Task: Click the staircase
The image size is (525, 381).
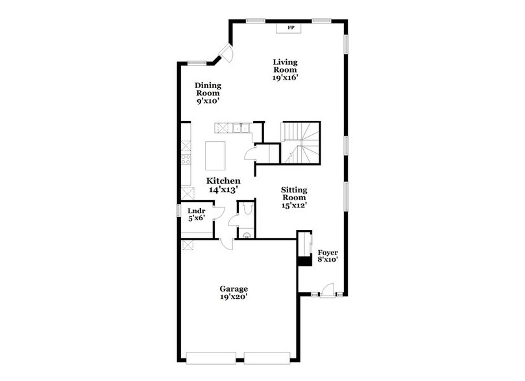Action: (300, 142)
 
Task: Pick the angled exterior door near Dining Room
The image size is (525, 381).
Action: (225, 54)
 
